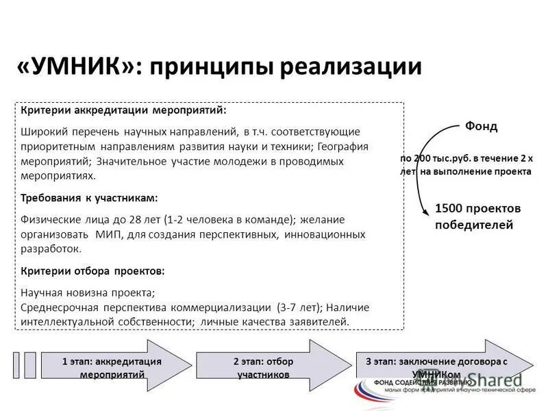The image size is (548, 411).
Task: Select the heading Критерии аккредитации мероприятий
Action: click(x=123, y=110)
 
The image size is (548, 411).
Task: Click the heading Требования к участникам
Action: click(x=89, y=197)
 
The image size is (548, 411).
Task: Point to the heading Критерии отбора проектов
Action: click(x=92, y=271)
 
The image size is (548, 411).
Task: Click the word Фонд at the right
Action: click(x=482, y=127)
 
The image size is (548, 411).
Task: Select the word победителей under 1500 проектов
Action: click(x=474, y=225)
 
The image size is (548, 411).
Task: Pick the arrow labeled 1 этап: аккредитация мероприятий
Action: click(x=113, y=367)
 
